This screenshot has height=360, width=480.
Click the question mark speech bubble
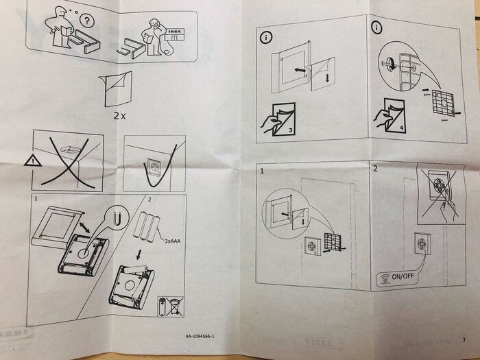click(87, 21)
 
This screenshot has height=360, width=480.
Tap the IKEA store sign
click(175, 32)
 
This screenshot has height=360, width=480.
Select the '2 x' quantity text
click(119, 116)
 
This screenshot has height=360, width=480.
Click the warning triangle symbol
click(33, 160)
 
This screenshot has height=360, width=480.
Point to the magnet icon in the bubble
click(117, 219)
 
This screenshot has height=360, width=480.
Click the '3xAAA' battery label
click(172, 241)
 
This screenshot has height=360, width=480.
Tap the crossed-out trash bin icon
click(175, 307)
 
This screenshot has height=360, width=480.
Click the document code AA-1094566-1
click(200, 337)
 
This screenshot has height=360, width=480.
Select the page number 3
click(464, 339)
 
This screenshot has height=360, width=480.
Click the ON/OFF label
click(403, 276)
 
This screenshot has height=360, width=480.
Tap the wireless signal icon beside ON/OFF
click(384, 279)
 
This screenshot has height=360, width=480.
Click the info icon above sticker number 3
click(266, 38)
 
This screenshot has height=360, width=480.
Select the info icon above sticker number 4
click(376, 27)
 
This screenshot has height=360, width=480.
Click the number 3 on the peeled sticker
click(290, 130)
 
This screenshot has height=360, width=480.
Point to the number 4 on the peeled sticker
click(401, 128)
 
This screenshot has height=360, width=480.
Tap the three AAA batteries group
click(146, 227)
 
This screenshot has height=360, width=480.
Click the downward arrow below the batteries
click(139, 254)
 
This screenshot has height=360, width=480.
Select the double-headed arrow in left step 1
click(84, 228)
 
